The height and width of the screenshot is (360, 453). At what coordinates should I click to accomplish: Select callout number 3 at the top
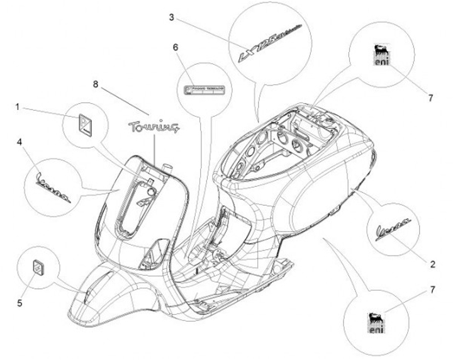click(x=172, y=17)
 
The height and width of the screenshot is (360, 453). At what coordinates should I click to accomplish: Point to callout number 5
click(x=20, y=303)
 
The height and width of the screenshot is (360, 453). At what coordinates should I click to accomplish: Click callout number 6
click(x=176, y=47)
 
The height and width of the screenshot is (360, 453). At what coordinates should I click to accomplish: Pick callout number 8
click(x=96, y=83)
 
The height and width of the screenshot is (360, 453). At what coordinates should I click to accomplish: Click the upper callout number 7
click(x=431, y=98)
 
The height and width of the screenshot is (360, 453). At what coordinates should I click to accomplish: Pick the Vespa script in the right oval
click(x=395, y=225)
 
